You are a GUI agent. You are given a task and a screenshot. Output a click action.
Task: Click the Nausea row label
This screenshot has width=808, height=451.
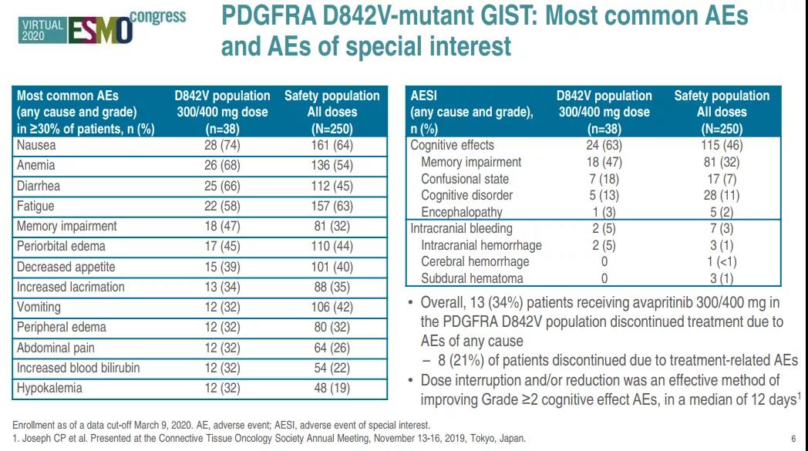[x=36, y=145]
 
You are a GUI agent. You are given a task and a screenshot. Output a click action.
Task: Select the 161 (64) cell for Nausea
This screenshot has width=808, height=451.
[x=332, y=145]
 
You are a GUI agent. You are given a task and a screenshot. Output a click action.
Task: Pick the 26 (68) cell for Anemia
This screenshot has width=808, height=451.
[x=222, y=165]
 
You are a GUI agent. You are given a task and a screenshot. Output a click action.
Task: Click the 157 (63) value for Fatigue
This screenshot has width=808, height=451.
[x=332, y=206]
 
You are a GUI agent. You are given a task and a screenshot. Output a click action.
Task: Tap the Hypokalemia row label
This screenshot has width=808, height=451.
[x=49, y=388]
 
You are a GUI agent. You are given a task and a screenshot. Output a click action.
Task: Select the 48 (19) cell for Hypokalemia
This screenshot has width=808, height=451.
[x=332, y=388]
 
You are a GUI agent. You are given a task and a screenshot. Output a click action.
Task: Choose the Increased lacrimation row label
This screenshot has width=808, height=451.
[x=70, y=287]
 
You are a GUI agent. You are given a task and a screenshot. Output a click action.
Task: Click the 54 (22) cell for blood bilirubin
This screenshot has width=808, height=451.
[x=332, y=368]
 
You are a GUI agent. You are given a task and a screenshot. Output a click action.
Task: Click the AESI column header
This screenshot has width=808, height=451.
[x=424, y=96]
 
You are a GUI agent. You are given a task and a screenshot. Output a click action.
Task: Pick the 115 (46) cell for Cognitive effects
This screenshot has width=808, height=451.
[x=722, y=145]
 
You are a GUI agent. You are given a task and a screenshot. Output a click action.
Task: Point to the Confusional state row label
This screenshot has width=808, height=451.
[x=465, y=179]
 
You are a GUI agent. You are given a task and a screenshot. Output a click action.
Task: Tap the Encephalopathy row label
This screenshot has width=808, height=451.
[x=461, y=212]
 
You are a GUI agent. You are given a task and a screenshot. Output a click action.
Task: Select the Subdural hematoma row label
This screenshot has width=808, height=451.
[x=472, y=278]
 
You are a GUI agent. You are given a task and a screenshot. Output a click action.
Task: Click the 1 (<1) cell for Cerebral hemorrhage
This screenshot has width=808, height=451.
[x=722, y=262]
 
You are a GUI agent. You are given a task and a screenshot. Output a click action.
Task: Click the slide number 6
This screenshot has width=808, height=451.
[x=793, y=439]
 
